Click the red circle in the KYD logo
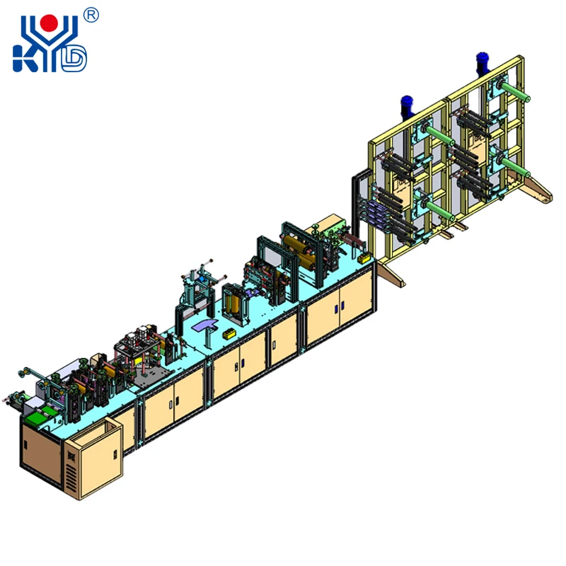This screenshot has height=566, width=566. [49, 23]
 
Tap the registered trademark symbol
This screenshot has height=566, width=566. [91, 16]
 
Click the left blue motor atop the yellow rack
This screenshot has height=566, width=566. [408, 105]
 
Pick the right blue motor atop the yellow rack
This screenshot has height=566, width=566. [483, 63]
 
